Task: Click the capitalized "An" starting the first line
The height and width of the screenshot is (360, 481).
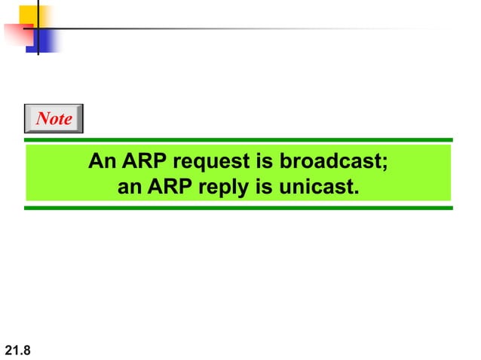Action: pyautogui.click(x=100, y=162)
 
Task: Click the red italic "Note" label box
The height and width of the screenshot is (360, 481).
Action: pyautogui.click(x=54, y=118)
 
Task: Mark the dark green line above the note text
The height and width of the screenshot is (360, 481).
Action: pyautogui.click(x=238, y=139)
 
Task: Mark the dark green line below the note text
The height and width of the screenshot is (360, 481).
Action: pyautogui.click(x=238, y=207)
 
